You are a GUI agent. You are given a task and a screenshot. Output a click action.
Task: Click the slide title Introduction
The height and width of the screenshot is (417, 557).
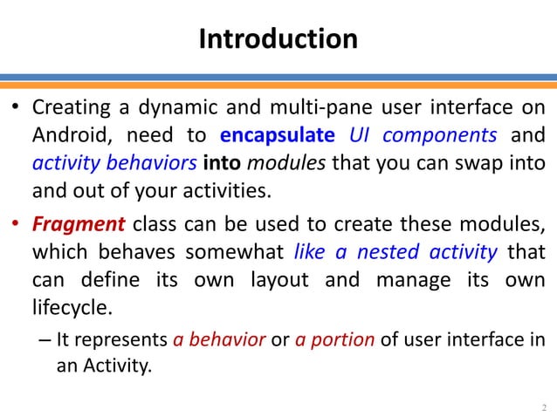tap(278, 39)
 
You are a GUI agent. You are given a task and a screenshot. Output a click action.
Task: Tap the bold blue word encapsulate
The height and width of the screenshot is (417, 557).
tap(278, 136)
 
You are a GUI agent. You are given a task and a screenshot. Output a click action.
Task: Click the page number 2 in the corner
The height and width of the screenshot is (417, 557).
tap(544, 407)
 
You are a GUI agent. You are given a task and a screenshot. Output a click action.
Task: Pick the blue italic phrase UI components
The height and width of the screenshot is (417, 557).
tap(423, 136)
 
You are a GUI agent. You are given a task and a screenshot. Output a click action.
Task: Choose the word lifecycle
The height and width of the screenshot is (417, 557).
tap(73, 308)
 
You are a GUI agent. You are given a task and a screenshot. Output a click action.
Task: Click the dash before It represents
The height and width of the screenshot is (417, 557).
tap(45, 340)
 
